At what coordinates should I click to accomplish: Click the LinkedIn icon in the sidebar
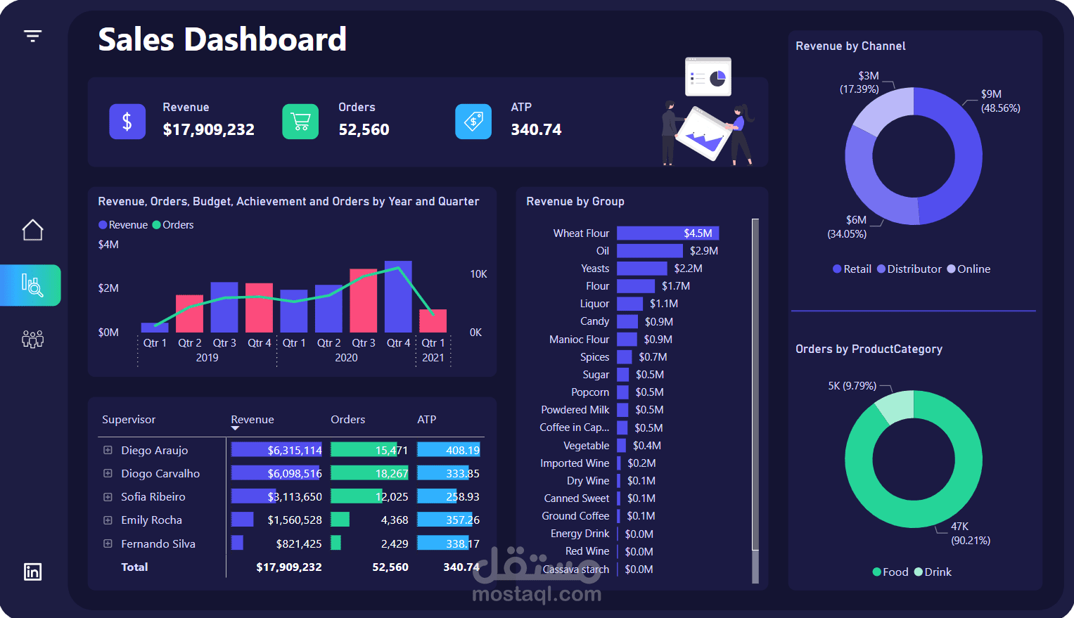pos(32,572)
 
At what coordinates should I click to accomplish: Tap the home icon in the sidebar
pos(32,230)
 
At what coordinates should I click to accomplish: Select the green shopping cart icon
pos(300,122)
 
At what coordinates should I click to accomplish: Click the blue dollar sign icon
pos(127,122)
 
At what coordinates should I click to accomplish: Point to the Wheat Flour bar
pos(668,233)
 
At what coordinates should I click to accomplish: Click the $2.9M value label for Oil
pos(703,251)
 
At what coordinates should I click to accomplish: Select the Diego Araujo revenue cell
pos(276,450)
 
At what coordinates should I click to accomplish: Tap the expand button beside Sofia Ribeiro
pos(108,496)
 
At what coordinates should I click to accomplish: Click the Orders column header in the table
pos(347,420)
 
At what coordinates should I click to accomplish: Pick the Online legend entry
pos(969,269)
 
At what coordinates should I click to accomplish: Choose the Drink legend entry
pos(933,572)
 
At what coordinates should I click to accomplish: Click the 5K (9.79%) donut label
pos(852,386)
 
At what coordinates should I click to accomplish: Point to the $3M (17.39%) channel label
pos(859,82)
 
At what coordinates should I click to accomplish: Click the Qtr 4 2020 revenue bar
pos(398,297)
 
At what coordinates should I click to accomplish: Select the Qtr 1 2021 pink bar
pos(433,321)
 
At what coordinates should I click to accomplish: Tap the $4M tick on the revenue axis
pos(108,245)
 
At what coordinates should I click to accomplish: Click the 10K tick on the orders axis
pos(478,273)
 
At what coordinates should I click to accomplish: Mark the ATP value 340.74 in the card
pos(536,129)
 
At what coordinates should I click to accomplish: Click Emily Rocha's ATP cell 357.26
pos(462,520)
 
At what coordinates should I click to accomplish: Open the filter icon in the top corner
pos(32,36)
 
